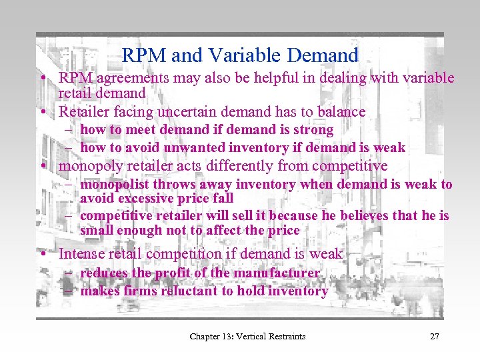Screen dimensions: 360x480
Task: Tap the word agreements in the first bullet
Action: [126, 78]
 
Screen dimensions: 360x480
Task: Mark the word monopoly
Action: [85, 166]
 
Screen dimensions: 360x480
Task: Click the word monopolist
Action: [113, 185]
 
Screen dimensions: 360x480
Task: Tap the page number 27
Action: [434, 336]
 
